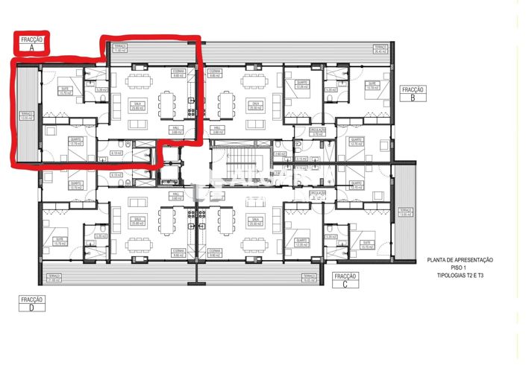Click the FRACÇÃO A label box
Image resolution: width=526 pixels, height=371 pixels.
click(x=32, y=42)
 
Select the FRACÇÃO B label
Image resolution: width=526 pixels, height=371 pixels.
click(x=413, y=93)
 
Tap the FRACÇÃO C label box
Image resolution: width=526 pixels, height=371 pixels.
click(x=345, y=279)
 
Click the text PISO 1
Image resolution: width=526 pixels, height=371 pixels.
click(x=460, y=267)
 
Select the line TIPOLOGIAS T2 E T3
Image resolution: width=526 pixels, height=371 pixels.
click(x=460, y=276)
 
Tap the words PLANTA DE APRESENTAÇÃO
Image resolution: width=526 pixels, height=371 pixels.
click(x=460, y=259)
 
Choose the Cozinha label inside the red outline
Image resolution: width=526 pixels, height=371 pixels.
click(x=178, y=74)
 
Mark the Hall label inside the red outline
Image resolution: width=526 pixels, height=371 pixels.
click(x=177, y=130)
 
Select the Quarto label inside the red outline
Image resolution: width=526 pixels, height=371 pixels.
click(x=75, y=142)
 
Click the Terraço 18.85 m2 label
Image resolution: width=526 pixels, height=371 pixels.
click(x=306, y=278)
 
